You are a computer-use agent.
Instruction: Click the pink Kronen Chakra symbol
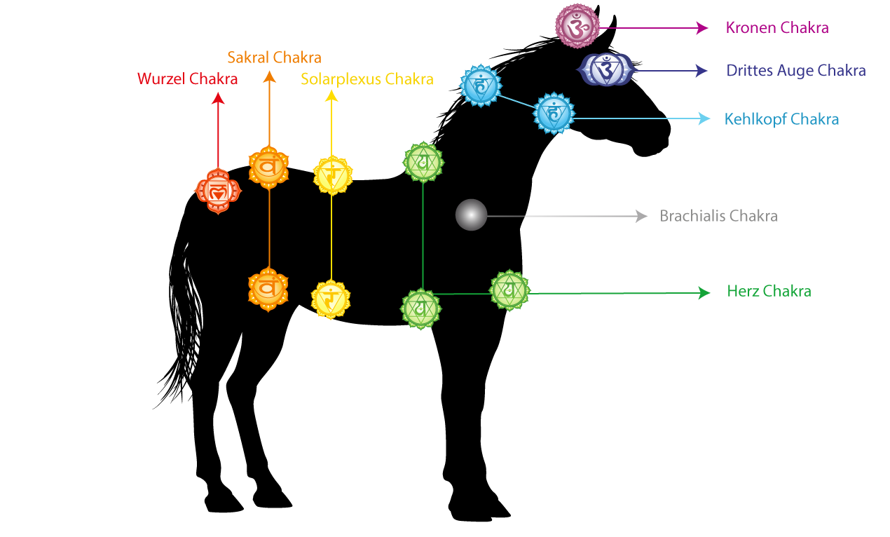pos(577,27)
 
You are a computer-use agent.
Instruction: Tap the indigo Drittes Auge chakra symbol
pos(605,70)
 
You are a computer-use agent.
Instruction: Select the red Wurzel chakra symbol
pos(217,190)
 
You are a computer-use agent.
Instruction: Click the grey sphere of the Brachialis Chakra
pos(471,215)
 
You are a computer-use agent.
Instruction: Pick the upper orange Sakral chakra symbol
pos(268,167)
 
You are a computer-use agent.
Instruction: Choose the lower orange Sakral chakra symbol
pos(268,288)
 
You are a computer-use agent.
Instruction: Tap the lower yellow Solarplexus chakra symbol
pos(331,299)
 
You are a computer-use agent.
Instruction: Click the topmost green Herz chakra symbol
pos(423,162)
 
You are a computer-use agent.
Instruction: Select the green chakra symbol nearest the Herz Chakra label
pos(509,290)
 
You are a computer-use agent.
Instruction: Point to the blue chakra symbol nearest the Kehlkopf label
pos(554,113)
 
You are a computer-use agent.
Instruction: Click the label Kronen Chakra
pos(777,28)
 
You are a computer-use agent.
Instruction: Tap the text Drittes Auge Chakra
pos(796,71)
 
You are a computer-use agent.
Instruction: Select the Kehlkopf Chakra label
pos(781,119)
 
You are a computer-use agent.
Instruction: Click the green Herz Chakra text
pos(769,292)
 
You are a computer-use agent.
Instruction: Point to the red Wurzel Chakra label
pos(188,79)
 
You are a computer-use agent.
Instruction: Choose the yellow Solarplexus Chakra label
pos(367,79)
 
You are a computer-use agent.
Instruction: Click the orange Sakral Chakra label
pos(274,57)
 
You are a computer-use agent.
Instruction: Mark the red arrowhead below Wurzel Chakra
pos(218,99)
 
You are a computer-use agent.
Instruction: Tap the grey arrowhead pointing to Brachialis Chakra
pos(641,216)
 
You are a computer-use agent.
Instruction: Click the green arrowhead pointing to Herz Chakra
pos(704,293)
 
